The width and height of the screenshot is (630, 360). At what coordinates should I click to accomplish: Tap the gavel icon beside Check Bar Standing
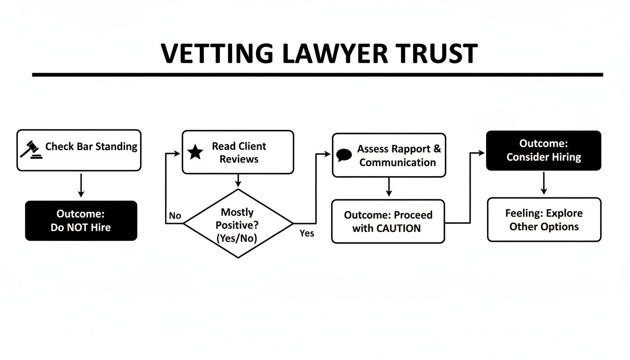point(31,150)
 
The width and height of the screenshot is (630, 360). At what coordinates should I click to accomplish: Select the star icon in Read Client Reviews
point(195,152)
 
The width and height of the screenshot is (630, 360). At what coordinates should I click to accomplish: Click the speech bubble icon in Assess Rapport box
point(344,156)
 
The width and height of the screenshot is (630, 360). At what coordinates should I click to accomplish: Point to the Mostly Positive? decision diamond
point(238,224)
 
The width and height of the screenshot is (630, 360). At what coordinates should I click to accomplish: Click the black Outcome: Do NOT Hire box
point(81,221)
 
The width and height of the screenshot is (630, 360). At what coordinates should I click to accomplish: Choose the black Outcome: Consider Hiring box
point(543,150)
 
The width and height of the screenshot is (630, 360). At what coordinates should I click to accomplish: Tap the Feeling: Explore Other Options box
point(544,220)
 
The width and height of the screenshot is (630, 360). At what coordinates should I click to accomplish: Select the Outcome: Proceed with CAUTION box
point(388,222)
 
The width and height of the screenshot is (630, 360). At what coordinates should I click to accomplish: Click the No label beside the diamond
point(175,216)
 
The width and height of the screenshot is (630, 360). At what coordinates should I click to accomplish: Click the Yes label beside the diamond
point(307,233)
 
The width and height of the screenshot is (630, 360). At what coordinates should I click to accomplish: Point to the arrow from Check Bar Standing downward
point(81,186)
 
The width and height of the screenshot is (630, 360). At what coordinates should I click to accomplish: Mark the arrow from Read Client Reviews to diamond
point(238,180)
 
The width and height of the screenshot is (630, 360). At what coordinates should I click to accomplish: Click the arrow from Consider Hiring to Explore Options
point(544,183)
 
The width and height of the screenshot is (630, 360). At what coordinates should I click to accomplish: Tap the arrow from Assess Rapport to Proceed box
point(388,187)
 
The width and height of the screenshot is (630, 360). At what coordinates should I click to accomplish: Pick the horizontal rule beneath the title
point(317,75)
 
